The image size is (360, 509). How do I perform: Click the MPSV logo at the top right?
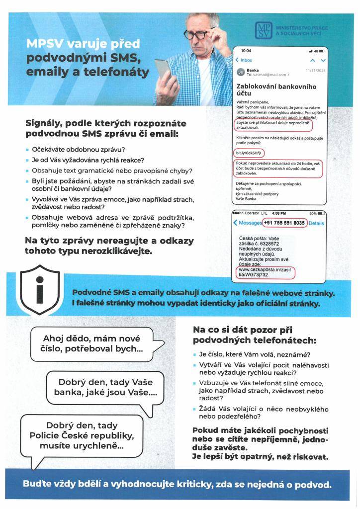pyautogui.click(x=262, y=30)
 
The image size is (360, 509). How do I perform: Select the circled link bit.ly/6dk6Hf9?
pyautogui.click(x=250, y=152)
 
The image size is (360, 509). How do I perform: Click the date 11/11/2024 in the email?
pyautogui.click(x=314, y=70)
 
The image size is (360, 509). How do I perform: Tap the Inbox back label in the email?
pyautogui.click(x=244, y=60)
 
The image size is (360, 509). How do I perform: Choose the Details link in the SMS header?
pyautogui.click(x=316, y=224)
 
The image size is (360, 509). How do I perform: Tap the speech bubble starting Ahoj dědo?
pyautogui.click(x=91, y=343)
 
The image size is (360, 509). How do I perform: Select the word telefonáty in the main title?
pyautogui.click(x=115, y=72)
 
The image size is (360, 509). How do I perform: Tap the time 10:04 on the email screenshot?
pyautogui.click(x=246, y=51)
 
